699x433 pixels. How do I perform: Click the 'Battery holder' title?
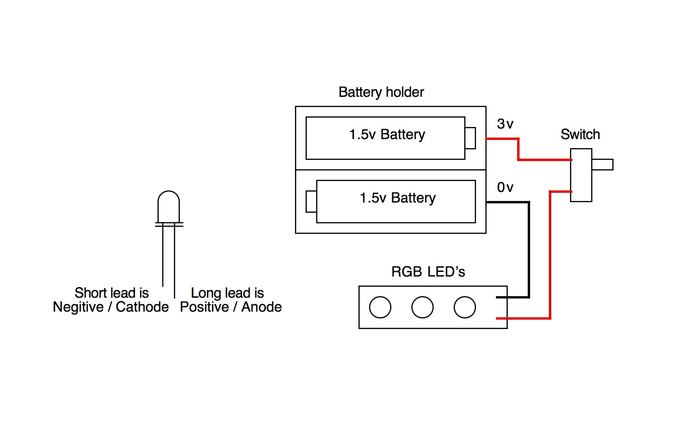[x=381, y=92]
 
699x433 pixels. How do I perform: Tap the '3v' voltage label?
[x=505, y=124]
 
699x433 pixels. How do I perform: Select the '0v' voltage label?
[x=505, y=187]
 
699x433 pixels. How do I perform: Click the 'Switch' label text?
[x=580, y=134]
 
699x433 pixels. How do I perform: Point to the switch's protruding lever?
[x=603, y=164]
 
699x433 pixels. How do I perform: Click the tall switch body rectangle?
[x=581, y=175]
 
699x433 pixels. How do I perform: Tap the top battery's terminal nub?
[x=470, y=138]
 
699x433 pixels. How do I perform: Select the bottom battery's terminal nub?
[x=311, y=201]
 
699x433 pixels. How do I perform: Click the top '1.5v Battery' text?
[x=387, y=134]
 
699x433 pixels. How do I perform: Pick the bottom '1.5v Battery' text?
[x=397, y=198]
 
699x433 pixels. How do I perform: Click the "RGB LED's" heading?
[x=428, y=272]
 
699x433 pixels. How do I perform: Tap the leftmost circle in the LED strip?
[x=380, y=307]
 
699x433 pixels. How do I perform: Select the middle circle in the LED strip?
[x=422, y=307]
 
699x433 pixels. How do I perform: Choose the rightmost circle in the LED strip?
[x=465, y=307]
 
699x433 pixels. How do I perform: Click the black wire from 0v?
[x=528, y=249]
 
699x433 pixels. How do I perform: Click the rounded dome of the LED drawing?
[x=168, y=201]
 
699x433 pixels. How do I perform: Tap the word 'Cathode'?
[x=142, y=307]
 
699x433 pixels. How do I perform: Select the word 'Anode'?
[x=261, y=307]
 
